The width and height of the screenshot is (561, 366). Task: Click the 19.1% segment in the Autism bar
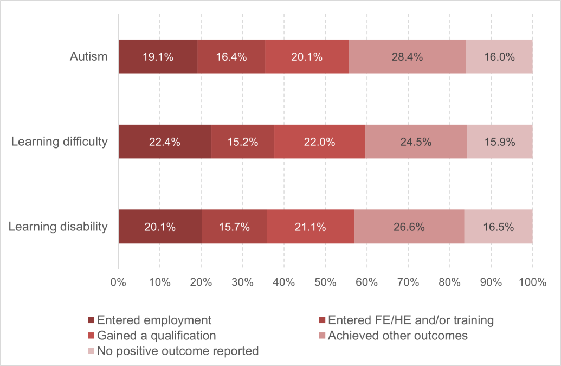(158, 56)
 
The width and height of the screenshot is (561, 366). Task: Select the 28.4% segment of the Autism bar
(407, 56)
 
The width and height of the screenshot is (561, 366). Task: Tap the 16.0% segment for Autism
(499, 56)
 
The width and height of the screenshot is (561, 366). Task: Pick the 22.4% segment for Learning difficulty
(165, 142)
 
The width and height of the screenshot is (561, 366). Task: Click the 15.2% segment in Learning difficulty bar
(242, 142)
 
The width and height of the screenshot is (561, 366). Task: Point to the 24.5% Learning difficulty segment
(416, 142)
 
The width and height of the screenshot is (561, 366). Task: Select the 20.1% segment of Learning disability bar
(160, 227)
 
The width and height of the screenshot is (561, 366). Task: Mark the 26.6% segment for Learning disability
(409, 227)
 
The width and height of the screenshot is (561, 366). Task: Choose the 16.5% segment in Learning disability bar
(498, 227)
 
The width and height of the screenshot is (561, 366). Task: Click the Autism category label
(88, 56)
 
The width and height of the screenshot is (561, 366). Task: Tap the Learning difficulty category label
(60, 142)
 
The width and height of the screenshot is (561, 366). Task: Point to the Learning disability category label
(58, 227)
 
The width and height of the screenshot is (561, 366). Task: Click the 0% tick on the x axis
(118, 282)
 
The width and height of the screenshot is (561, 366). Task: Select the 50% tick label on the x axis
(325, 282)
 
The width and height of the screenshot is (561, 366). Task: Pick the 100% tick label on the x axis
(532, 282)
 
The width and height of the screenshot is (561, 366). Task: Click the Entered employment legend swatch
(91, 320)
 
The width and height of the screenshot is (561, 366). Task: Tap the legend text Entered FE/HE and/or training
(411, 320)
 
